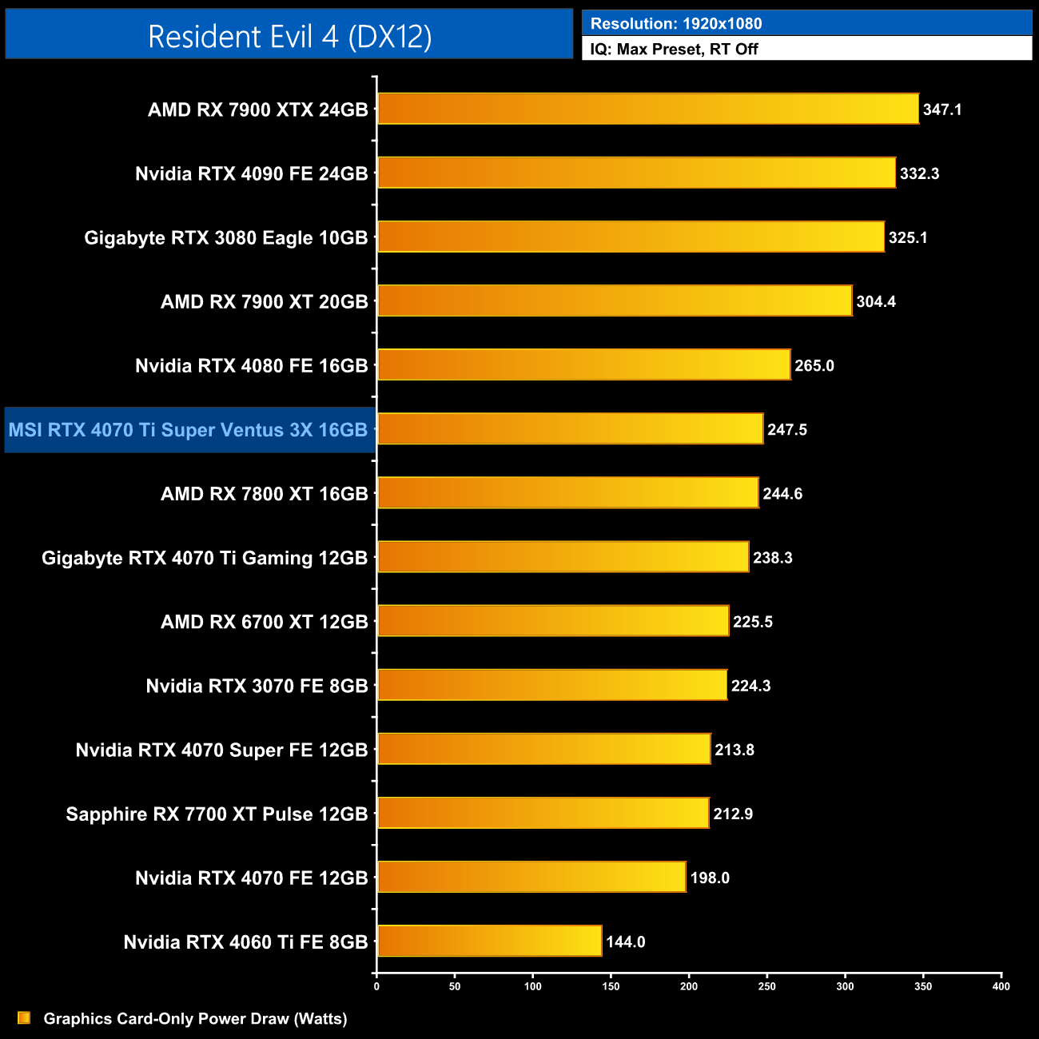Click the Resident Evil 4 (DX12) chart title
click(289, 36)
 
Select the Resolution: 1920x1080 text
click(675, 24)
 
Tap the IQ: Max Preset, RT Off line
click(674, 49)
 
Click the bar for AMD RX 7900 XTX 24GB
click(647, 109)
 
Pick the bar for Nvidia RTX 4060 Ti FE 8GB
click(489, 941)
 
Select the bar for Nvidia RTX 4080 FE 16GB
click(583, 364)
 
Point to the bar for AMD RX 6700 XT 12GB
click(553, 621)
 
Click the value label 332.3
click(919, 173)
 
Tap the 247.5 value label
click(787, 430)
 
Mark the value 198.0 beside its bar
click(710, 878)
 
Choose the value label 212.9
click(733, 814)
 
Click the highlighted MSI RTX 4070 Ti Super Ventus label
click(189, 430)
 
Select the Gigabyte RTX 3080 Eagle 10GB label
click(226, 237)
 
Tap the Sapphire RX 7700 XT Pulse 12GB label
click(217, 814)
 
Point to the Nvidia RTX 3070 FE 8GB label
click(257, 686)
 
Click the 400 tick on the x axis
click(1001, 986)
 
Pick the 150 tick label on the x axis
click(611, 986)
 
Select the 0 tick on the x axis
click(376, 986)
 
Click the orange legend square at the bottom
click(24, 1017)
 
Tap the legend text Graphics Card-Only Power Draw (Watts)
click(195, 1018)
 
